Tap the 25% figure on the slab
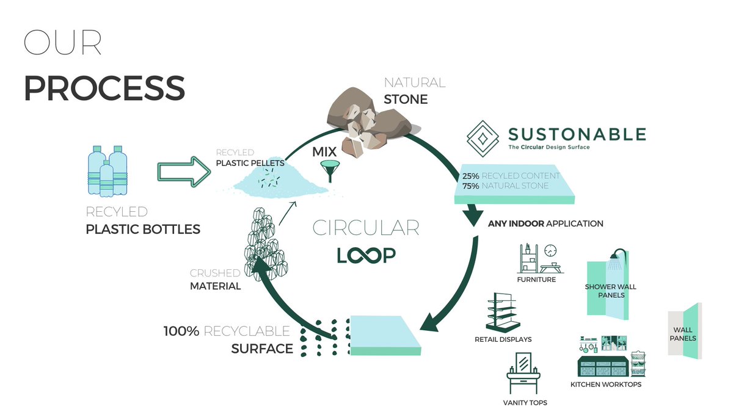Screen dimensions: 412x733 click(x=470, y=176)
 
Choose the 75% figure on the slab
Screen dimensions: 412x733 click(x=470, y=186)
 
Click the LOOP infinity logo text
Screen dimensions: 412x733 click(x=366, y=255)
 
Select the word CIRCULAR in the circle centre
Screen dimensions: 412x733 click(x=366, y=228)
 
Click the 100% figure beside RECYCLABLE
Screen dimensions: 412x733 click(x=181, y=332)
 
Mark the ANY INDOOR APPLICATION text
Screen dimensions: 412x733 click(x=545, y=224)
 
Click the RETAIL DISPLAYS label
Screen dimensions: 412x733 click(x=503, y=339)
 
